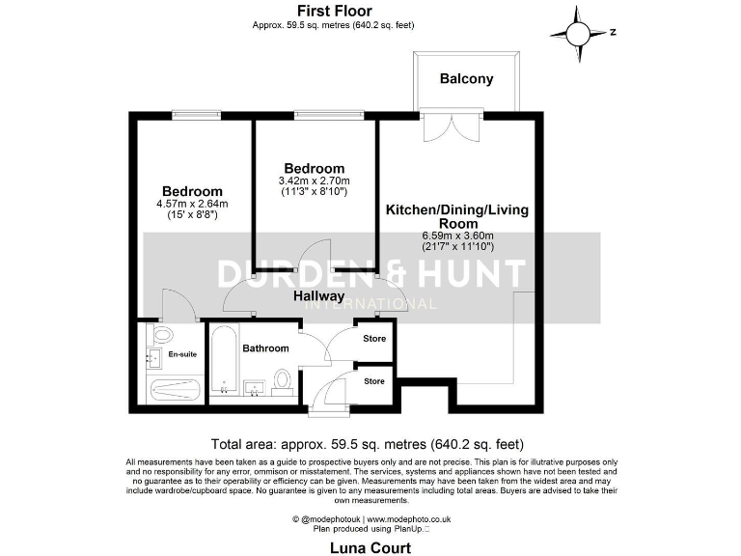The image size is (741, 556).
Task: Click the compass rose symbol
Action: (577, 33)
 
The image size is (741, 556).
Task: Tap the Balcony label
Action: (466, 79)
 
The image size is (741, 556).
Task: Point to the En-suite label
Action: (182, 355)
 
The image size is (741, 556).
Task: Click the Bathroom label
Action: (265, 348)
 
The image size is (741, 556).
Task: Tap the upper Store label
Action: (374, 339)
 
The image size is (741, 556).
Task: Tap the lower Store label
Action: (374, 381)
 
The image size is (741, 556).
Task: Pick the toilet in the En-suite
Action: (161, 335)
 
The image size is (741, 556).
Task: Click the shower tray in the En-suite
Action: (175, 390)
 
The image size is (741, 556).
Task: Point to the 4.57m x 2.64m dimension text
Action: (192, 204)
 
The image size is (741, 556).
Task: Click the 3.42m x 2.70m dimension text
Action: (314, 181)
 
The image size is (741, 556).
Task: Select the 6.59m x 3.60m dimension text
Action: (458, 236)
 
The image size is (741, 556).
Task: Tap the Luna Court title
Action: (370, 548)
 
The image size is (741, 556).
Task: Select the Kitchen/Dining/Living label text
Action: (458, 209)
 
